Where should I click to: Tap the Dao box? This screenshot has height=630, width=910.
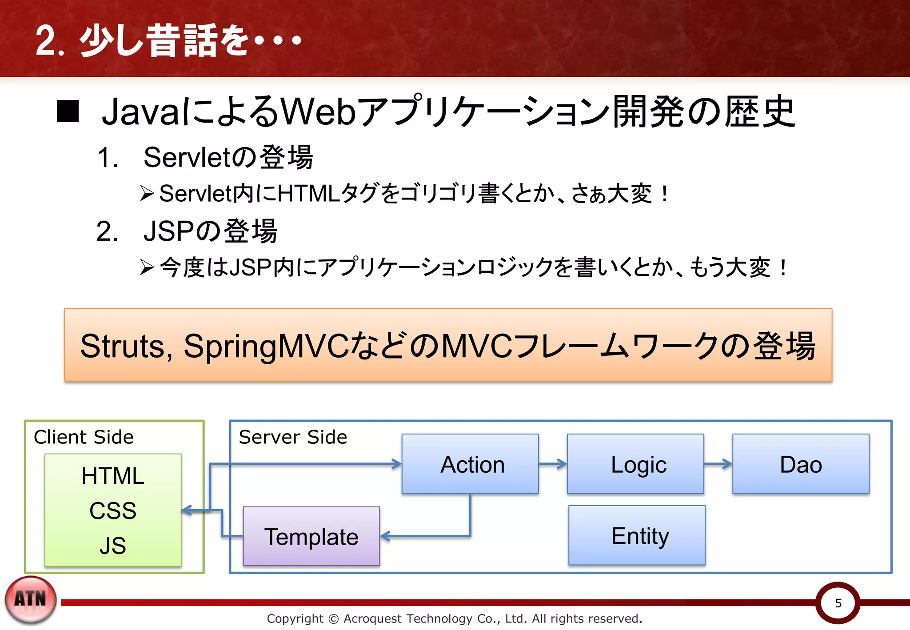point(801,464)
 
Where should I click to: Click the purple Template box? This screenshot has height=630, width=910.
point(311,536)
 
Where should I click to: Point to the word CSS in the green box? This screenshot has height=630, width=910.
point(113,510)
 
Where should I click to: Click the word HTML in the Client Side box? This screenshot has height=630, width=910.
point(113,476)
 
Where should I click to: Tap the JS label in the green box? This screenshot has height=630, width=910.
point(113,545)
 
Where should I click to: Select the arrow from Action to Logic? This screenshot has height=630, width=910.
point(553,464)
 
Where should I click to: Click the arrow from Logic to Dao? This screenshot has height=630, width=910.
point(718,464)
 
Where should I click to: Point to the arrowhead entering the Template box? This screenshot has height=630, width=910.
point(385,536)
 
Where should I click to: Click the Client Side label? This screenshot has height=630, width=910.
point(84,437)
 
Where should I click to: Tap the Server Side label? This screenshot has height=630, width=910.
point(293,437)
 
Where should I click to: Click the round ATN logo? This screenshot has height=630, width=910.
point(31,599)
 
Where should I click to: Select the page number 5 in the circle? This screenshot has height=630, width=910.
point(838,603)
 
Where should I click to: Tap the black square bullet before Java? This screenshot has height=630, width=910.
point(68,111)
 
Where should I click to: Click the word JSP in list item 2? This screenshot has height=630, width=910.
point(169,231)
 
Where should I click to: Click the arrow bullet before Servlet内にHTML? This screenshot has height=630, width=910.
point(147,194)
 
